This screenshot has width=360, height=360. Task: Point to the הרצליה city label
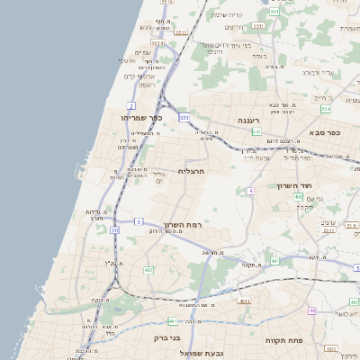(x=192, y=170)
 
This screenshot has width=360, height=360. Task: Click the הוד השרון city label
(x=293, y=185)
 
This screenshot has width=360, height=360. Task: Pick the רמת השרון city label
(x=178, y=225)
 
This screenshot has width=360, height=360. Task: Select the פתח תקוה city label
(x=282, y=341)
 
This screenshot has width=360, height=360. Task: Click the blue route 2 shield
(x=131, y=105)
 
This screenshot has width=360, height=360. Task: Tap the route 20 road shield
(x=115, y=230)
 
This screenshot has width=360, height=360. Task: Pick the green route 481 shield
(x=173, y=320)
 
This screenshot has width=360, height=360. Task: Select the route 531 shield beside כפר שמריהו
(x=184, y=117)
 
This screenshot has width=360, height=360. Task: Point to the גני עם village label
(x=314, y=198)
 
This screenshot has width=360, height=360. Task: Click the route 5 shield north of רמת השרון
(x=139, y=220)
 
